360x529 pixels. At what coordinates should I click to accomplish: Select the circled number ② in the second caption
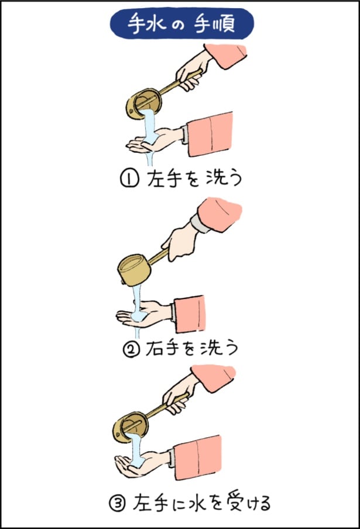[x=129, y=349]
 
